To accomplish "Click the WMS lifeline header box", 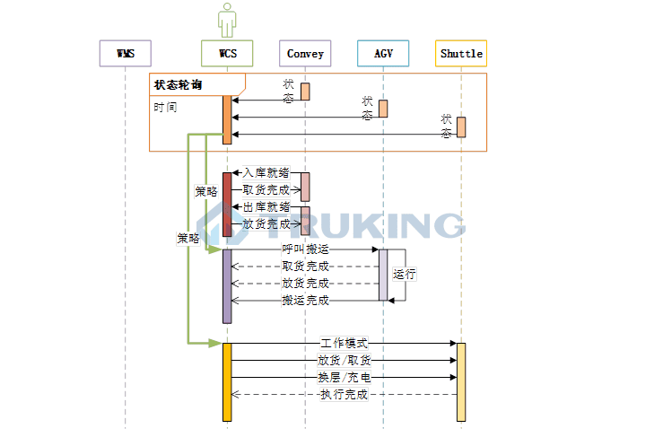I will pyautogui.click(x=125, y=54).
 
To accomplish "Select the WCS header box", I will pyautogui.click(x=227, y=54).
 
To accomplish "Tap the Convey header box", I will pyautogui.click(x=305, y=54).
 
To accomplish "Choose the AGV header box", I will pyautogui.click(x=383, y=54).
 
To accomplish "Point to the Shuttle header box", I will pyautogui.click(x=461, y=54).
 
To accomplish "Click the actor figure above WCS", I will pyautogui.click(x=227, y=21).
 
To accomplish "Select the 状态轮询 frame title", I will pyautogui.click(x=178, y=85).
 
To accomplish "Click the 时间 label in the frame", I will pyautogui.click(x=165, y=106).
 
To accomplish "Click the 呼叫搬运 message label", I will pyautogui.click(x=305, y=249).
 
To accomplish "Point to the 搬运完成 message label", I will pyautogui.click(x=305, y=301).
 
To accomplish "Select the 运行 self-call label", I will pyautogui.click(x=404, y=275).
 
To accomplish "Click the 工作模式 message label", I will pyautogui.click(x=345, y=343).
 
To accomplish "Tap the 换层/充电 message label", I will pyautogui.click(x=345, y=377).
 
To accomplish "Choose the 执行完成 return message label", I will pyautogui.click(x=345, y=394).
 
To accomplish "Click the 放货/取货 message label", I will pyautogui.click(x=345, y=360).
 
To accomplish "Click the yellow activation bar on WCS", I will pyautogui.click(x=227, y=381).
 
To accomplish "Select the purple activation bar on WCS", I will pyautogui.click(x=227, y=285).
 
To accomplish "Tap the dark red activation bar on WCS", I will pyautogui.click(x=227, y=204).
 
